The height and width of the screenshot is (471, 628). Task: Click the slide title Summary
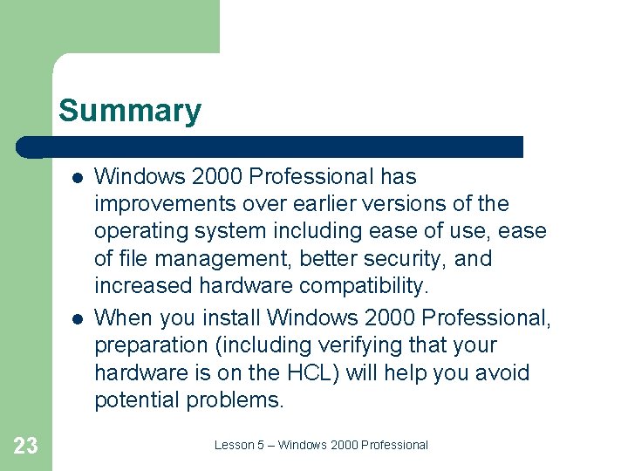(129, 112)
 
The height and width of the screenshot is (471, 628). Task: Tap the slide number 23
(26, 446)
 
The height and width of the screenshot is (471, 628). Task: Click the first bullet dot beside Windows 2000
(77, 177)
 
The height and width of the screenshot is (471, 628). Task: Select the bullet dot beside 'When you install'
(77, 317)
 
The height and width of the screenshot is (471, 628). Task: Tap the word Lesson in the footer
(233, 445)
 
